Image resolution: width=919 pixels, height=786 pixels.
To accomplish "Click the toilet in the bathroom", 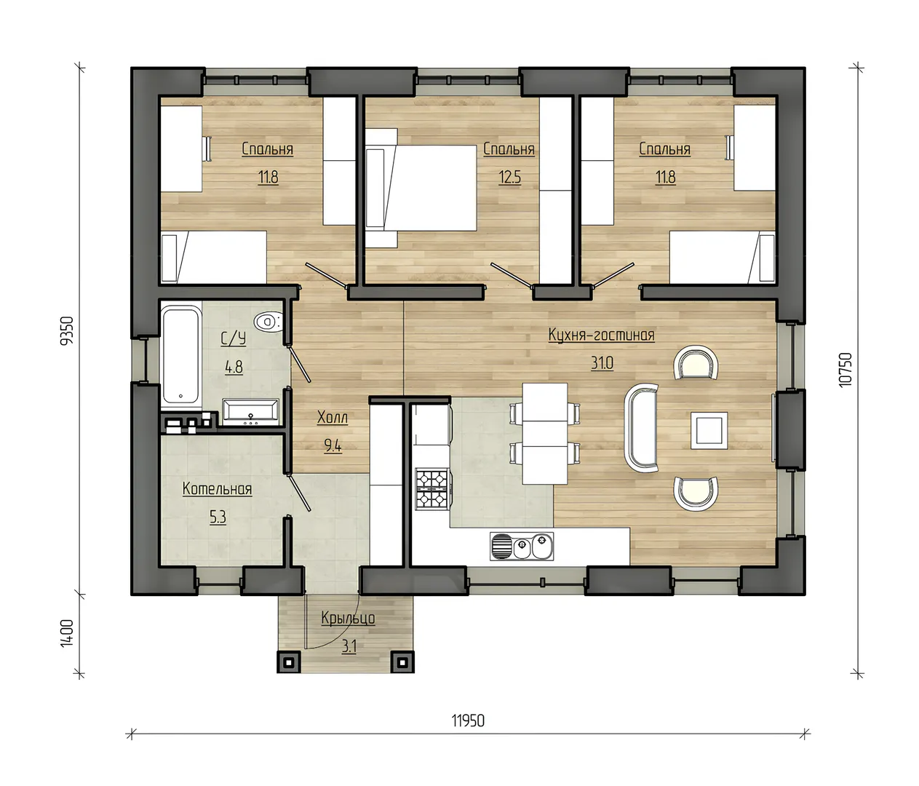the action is point(268,321).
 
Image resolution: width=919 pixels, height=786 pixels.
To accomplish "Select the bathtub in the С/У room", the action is point(181,355).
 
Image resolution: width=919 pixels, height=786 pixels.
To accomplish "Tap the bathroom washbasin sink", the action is point(251,410).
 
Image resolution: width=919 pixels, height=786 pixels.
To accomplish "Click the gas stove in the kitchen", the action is point(431,488).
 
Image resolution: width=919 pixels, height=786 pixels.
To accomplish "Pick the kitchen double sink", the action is point(522,546).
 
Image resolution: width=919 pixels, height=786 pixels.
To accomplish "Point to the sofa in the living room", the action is point(641,429).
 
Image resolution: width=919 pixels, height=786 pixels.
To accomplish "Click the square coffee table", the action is point(709,431).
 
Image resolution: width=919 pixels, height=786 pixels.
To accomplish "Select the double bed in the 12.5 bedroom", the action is point(421,188).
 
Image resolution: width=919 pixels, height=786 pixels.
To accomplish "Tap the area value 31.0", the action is point(602,363).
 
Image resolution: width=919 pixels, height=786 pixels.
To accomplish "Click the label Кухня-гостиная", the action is point(601,335).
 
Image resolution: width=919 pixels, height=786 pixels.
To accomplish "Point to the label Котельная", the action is point(217,489).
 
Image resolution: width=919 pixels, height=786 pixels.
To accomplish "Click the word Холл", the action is point(332,417).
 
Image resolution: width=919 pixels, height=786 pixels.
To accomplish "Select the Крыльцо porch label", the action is point(348,619).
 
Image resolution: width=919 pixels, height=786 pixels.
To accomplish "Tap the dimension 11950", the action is point(468,720).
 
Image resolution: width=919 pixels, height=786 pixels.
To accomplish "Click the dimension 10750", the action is point(845,369).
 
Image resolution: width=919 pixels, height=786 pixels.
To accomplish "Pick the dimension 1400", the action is point(66,633).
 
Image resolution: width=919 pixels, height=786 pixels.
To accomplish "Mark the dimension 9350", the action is point(66,331).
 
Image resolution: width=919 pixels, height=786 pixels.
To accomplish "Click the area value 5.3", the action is point(218,517).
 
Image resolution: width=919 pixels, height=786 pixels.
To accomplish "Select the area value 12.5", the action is point(509,178).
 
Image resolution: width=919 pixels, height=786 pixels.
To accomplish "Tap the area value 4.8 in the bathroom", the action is point(234,368).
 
